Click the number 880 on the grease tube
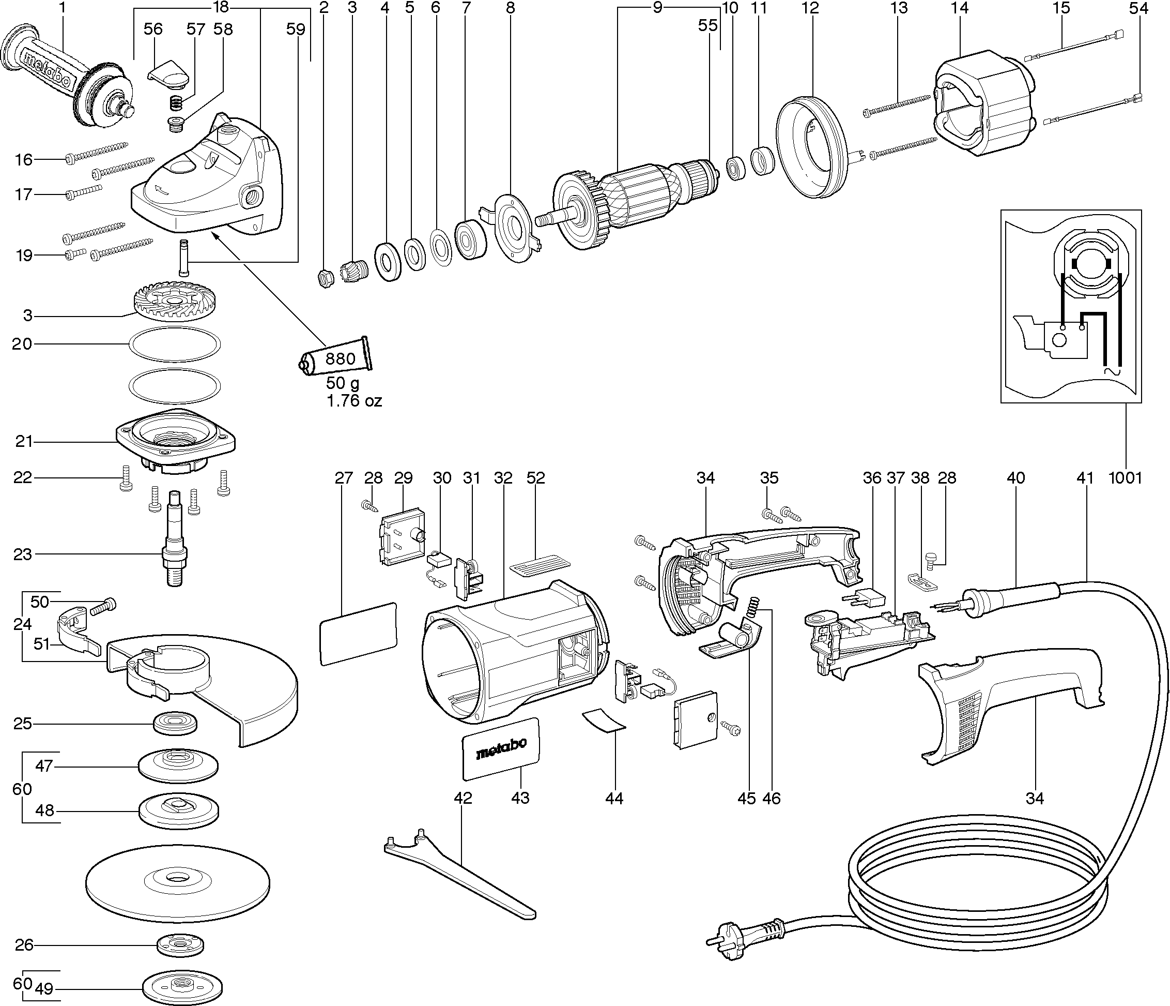(341, 358)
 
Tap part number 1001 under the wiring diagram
(1125, 477)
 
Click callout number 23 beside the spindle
(23, 554)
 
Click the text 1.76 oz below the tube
(354, 401)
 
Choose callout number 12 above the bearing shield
(810, 8)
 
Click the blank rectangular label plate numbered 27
(358, 633)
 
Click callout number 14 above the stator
(959, 8)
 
